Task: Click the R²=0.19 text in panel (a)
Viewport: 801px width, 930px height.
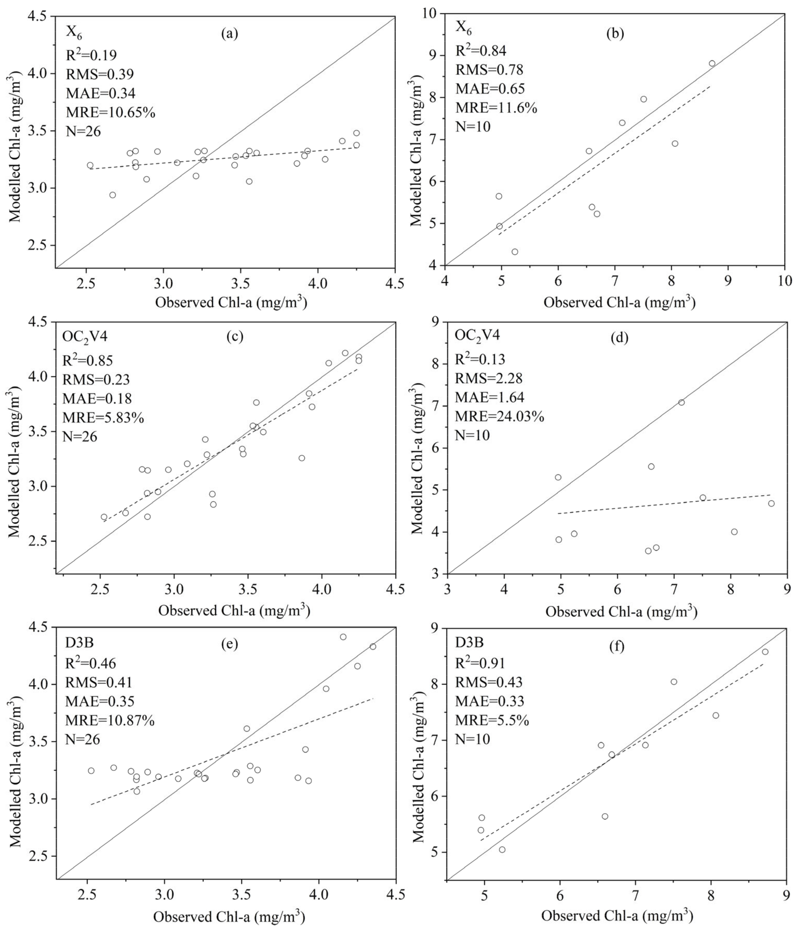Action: click(92, 55)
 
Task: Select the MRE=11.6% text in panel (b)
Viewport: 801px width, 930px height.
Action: click(496, 108)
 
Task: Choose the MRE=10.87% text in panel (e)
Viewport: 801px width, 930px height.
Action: click(110, 721)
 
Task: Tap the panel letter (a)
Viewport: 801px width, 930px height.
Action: click(230, 34)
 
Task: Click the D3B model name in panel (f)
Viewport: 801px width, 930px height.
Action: click(469, 642)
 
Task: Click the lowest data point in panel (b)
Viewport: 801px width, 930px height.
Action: click(515, 252)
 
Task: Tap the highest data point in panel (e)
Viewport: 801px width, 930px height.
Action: click(343, 637)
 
